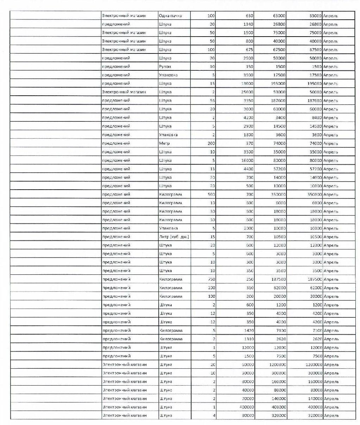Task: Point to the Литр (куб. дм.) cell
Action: (174, 237)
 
